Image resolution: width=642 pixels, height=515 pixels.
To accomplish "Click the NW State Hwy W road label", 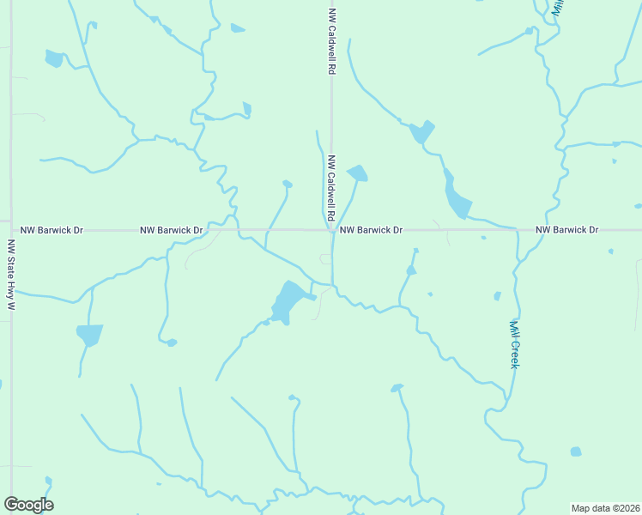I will [11, 274].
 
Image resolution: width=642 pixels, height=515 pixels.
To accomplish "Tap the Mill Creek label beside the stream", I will [514, 344].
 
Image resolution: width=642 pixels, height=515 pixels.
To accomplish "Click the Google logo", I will [28, 505].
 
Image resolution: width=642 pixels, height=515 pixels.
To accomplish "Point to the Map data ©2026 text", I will [605, 508].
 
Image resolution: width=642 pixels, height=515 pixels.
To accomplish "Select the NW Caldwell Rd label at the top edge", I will [331, 41].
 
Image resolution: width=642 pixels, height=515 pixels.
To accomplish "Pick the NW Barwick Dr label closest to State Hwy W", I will [51, 230].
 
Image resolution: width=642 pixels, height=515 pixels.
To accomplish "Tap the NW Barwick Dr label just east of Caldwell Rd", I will [371, 230].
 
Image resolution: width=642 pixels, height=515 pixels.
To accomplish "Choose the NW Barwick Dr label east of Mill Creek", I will [566, 230].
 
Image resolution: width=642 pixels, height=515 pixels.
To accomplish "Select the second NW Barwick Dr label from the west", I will [172, 230].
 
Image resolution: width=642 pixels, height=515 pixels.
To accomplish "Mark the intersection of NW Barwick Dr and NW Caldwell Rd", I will [332, 230].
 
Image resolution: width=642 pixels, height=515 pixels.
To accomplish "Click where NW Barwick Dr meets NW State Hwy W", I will [11, 230].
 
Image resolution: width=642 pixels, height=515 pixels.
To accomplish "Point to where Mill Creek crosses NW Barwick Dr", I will [518, 230].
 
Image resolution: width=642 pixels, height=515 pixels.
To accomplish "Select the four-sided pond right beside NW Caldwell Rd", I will [358, 173].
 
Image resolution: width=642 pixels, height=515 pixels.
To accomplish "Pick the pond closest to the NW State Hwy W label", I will [89, 334].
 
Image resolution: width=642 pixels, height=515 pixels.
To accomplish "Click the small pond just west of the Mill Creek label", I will [497, 296].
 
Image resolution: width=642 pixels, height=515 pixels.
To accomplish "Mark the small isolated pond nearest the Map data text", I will [575, 451].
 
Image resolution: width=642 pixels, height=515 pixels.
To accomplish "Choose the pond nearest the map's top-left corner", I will [54, 58].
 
